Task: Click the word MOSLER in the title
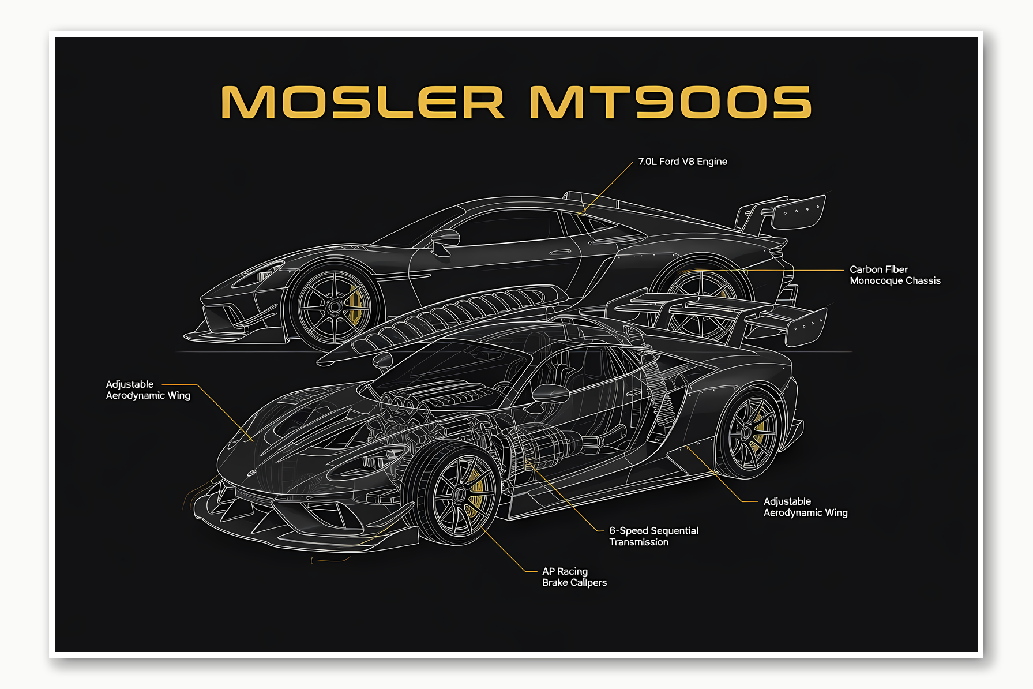tap(362, 103)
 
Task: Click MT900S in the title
tap(670, 103)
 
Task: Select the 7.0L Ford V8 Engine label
tap(682, 162)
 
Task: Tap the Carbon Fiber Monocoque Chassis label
tap(895, 275)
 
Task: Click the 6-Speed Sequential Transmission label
tap(653, 536)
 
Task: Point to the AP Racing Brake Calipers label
tap(574, 577)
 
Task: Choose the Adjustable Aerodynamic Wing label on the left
tap(148, 390)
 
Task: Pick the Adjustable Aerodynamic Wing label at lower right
tap(805, 507)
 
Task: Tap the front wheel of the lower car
tap(459, 495)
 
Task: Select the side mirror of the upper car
tap(445, 238)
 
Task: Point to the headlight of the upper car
tap(266, 271)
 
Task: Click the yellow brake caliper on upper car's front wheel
tap(354, 304)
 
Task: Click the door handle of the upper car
tap(559, 252)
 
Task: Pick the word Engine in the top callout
tap(712, 162)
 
